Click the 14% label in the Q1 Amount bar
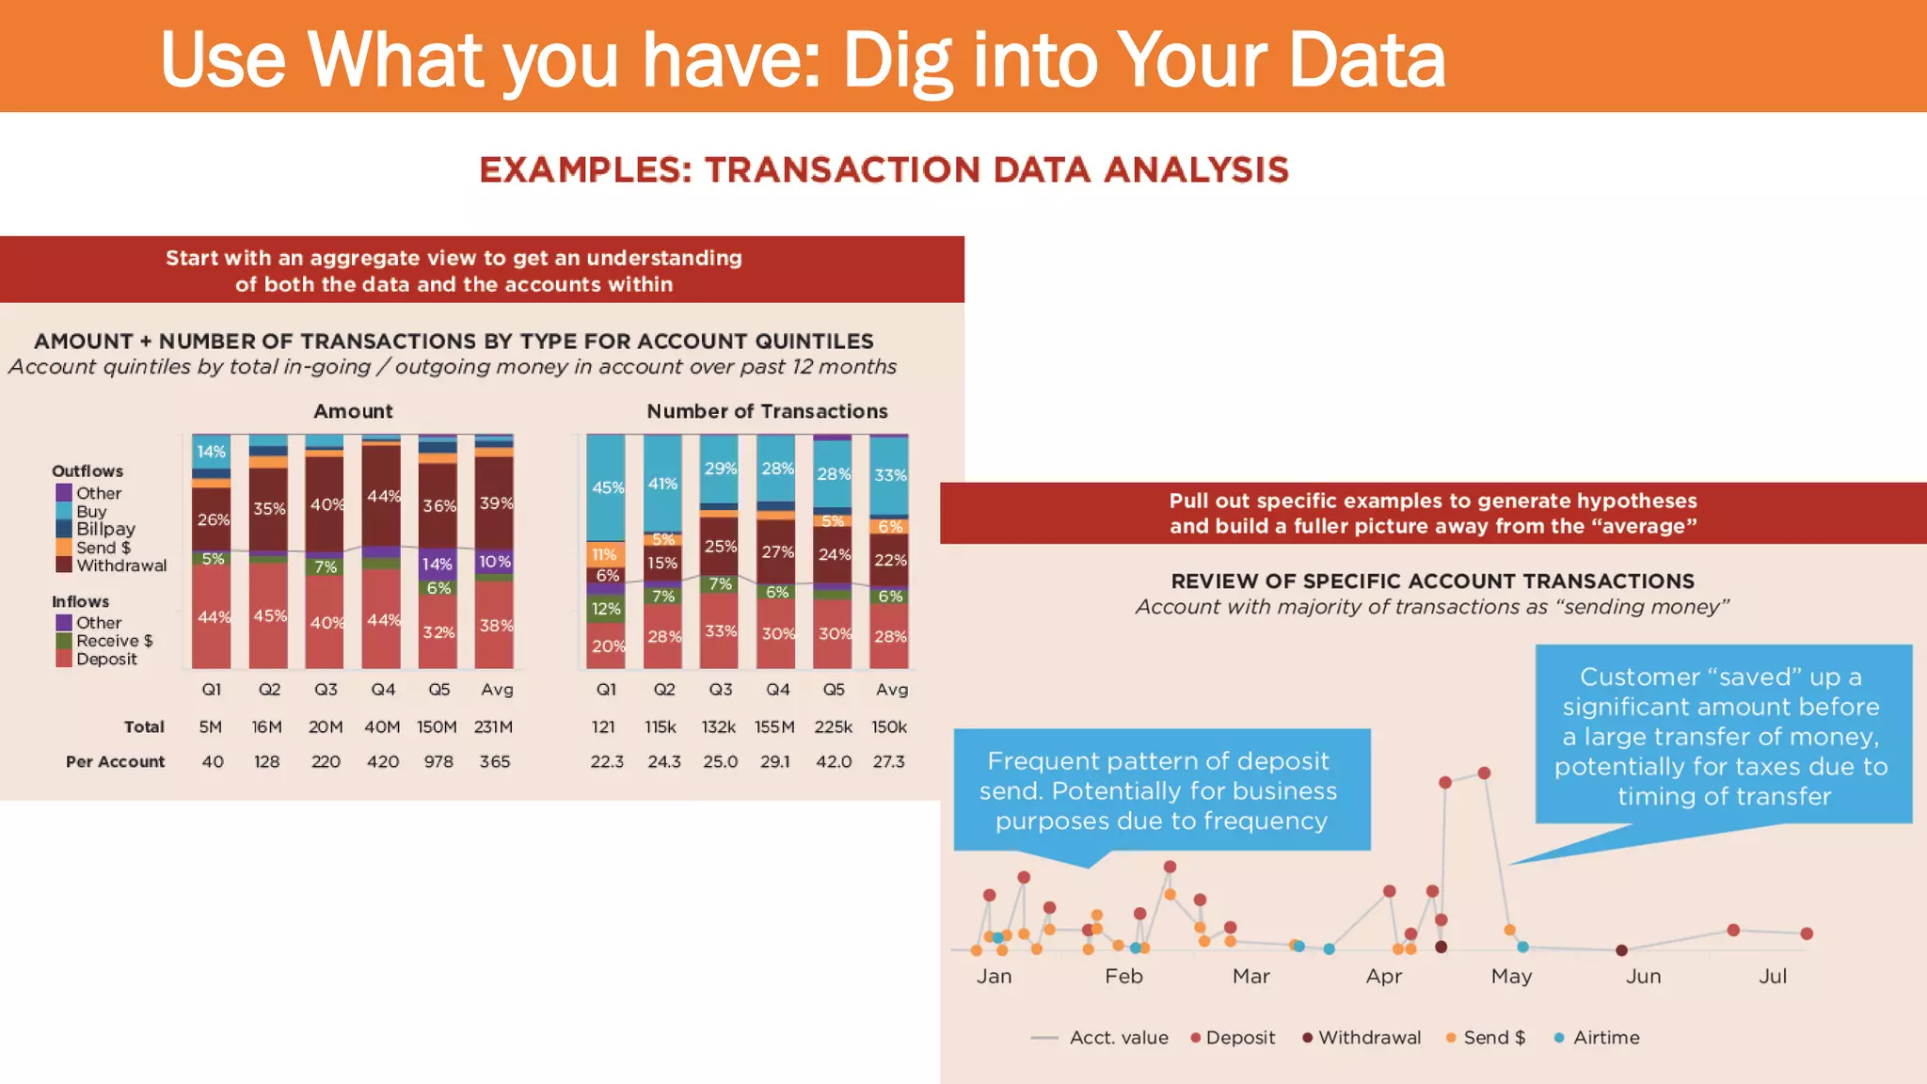pyautogui.click(x=211, y=452)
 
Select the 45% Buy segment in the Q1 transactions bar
pyautogui.click(x=606, y=487)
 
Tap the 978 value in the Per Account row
pyautogui.click(x=438, y=761)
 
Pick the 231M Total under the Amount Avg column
pyautogui.click(x=493, y=726)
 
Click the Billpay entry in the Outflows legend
pyautogui.click(x=105, y=529)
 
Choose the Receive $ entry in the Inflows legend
pyautogui.click(x=114, y=641)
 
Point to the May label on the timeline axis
pyautogui.click(x=1511, y=977)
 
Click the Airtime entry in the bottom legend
pyautogui.click(x=1605, y=1037)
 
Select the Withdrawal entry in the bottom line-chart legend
pyautogui.click(x=1369, y=1037)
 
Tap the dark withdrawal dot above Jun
pyautogui.click(x=1621, y=950)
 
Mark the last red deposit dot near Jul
pyautogui.click(x=1807, y=933)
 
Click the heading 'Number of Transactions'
pyautogui.click(x=767, y=411)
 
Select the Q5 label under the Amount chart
pyautogui.click(x=438, y=690)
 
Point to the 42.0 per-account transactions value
pyautogui.click(x=833, y=761)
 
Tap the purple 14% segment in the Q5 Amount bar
pyautogui.click(x=438, y=564)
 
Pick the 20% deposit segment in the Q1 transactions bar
pyautogui.click(x=606, y=646)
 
